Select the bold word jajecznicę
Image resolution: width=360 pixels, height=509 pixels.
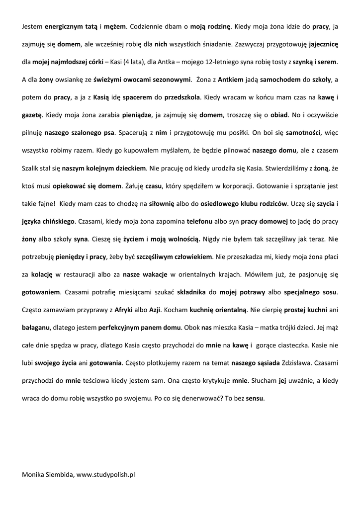click(x=322, y=44)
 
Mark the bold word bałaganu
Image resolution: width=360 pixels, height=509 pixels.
click(x=37, y=328)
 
